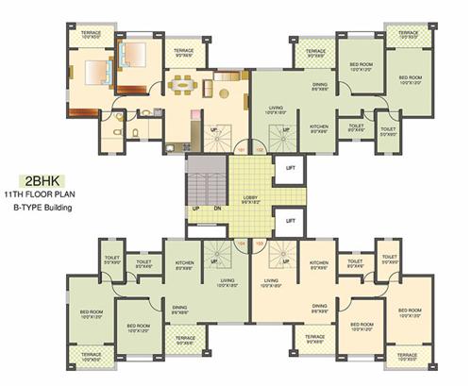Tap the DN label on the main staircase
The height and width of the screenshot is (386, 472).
tap(218, 208)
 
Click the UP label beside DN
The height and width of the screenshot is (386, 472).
tap(196, 208)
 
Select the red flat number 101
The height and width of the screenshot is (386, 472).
tap(241, 148)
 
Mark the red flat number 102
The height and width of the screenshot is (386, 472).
tap(259, 148)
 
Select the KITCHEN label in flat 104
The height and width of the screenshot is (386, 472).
tap(184, 265)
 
